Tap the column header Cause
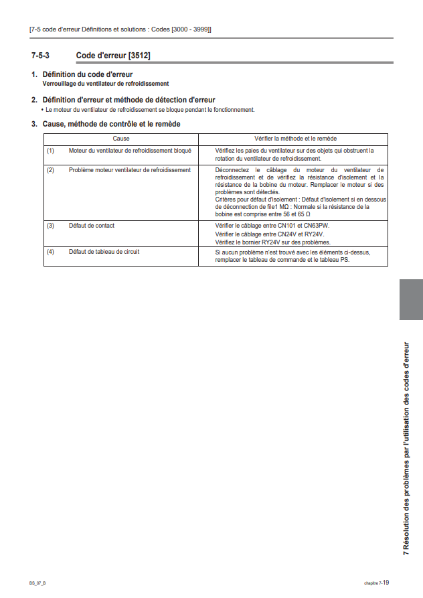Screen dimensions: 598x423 121,138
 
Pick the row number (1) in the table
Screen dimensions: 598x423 50,151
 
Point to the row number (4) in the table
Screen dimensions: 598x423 50,252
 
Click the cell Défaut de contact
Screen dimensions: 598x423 92,226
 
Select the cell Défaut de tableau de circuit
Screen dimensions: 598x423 104,252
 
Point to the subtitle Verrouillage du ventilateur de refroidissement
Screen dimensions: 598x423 106,84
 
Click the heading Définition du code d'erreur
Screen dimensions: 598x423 87,74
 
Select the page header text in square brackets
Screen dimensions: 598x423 120,29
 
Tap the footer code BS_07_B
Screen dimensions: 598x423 37,583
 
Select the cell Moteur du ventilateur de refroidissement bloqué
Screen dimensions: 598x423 130,151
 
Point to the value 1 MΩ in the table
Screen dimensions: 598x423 280,207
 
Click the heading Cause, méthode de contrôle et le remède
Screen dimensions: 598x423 110,124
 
